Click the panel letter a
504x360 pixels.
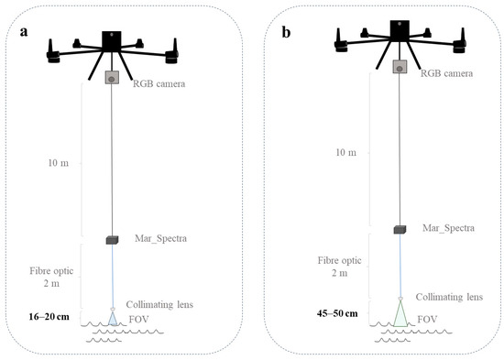24,32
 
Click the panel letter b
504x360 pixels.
287,32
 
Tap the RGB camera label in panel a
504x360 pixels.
159,84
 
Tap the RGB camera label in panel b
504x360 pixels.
446,73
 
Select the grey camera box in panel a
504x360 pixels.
112,78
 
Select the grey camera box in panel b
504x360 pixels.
400,67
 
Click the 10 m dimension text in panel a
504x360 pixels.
58,163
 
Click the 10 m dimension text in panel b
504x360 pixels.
345,152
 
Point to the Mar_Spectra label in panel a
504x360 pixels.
160,238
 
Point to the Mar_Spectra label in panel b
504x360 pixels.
448,228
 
